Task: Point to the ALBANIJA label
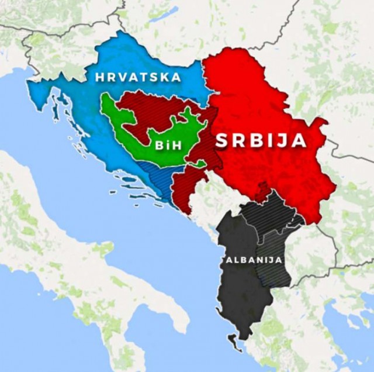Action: click(251, 259)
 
